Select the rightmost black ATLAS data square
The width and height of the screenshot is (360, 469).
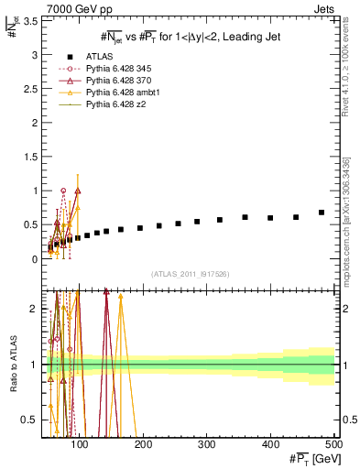(x=321, y=213)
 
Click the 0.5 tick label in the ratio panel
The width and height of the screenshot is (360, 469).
(x=29, y=420)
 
